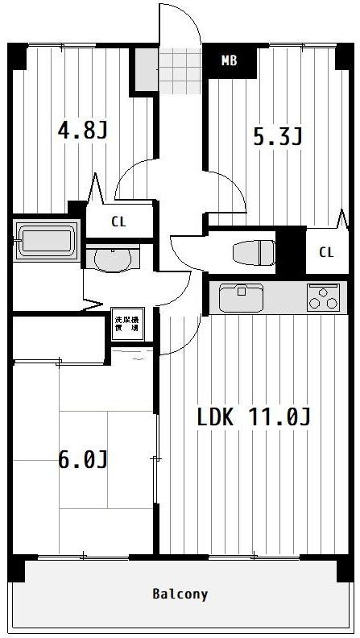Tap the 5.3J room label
tap(278, 136)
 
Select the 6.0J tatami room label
tap(82, 459)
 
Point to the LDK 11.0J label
tap(254, 417)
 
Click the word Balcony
tap(180, 594)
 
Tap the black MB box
tap(230, 61)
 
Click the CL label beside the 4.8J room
tap(118, 222)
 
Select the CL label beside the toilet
tap(325, 252)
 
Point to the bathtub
tap(46, 240)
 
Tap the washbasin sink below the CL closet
tap(112, 259)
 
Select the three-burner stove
tap(322, 297)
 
